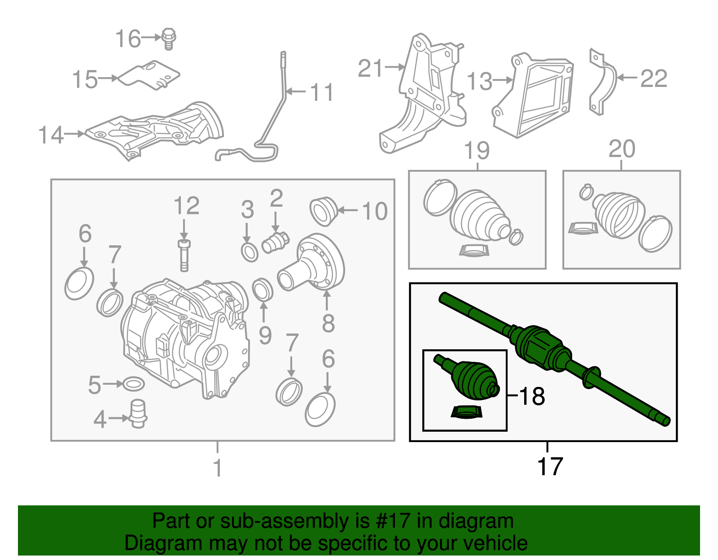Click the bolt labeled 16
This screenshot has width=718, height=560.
click(x=169, y=39)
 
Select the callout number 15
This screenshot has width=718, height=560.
click(x=85, y=79)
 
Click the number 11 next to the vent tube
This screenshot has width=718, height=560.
click(x=321, y=92)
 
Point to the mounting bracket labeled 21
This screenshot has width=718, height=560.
click(x=426, y=94)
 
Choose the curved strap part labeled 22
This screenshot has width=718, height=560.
click(x=602, y=83)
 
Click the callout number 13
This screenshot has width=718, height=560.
click(x=479, y=81)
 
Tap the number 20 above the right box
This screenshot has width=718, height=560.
click(x=622, y=148)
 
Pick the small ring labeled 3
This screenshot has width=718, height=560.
click(x=250, y=252)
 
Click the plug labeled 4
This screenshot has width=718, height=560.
click(x=138, y=413)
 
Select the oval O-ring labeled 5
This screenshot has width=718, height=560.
click(x=133, y=384)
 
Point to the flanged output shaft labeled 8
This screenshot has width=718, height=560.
click(x=314, y=265)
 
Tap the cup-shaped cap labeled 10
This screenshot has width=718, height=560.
click(x=323, y=211)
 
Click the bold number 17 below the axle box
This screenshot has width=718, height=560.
click(x=550, y=466)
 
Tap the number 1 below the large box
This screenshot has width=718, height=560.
click(x=218, y=468)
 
